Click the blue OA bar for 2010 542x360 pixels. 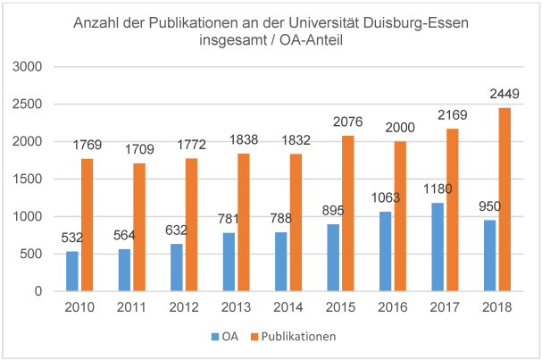coord(72,271)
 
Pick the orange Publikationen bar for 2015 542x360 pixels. coord(348,213)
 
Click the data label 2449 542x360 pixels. coord(504,95)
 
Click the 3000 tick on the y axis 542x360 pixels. coord(29,67)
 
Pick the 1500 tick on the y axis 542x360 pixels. coord(29,179)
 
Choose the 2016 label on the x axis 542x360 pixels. coord(392,308)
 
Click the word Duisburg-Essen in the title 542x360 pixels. coord(417,24)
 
